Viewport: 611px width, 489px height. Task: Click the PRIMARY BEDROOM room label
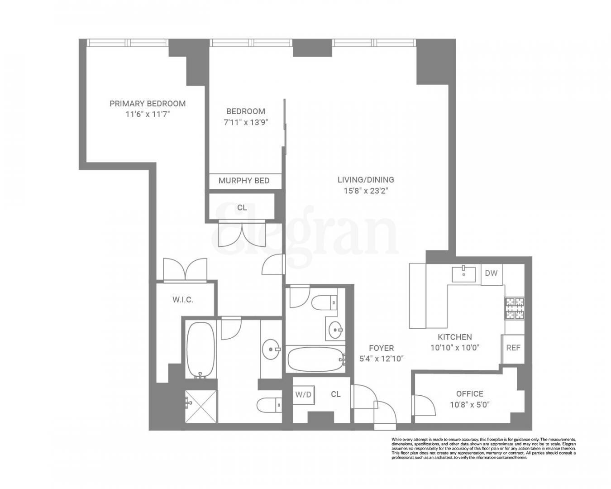point(148,103)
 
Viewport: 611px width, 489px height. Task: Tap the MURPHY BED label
point(244,181)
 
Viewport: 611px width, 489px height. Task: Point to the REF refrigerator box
point(513,348)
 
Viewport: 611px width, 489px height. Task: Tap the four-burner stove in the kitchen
point(515,308)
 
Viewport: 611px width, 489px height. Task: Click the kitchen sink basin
point(463,274)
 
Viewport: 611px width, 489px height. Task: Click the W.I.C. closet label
point(183,300)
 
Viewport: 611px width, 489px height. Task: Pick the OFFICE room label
point(469,394)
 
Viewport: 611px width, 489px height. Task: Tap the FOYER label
point(381,348)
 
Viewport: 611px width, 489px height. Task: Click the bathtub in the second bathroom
point(315,360)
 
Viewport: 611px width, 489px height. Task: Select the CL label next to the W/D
point(335,394)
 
